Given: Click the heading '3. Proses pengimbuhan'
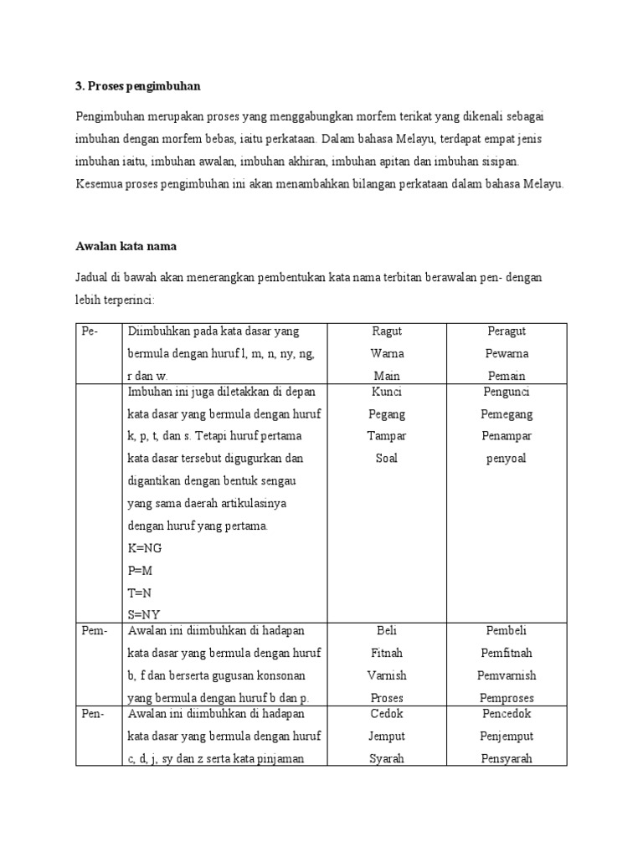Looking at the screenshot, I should point(138,87).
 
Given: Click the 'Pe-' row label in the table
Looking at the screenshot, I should point(90,331).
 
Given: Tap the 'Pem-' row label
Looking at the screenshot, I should point(95,630).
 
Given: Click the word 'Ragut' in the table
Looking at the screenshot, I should point(386,331).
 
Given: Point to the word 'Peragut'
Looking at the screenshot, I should point(507,331).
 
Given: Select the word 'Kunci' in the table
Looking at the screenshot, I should point(386,392).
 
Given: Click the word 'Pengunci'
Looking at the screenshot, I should point(507,392).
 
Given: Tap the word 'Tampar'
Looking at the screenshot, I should point(386,436).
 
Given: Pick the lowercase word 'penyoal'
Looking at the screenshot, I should point(507,458).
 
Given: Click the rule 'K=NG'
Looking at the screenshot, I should point(144,548).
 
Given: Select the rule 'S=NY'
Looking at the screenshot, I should point(143,614).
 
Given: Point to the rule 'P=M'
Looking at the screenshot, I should point(141,570).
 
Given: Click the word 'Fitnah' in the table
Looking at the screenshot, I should point(386,653).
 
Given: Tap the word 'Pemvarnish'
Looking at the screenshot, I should point(507,675).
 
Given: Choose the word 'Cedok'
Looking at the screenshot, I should point(386,714).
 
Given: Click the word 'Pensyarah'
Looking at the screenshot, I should point(507,759).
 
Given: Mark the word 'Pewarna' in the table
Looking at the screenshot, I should point(507,353).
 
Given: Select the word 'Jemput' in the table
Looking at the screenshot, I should point(386,736).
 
